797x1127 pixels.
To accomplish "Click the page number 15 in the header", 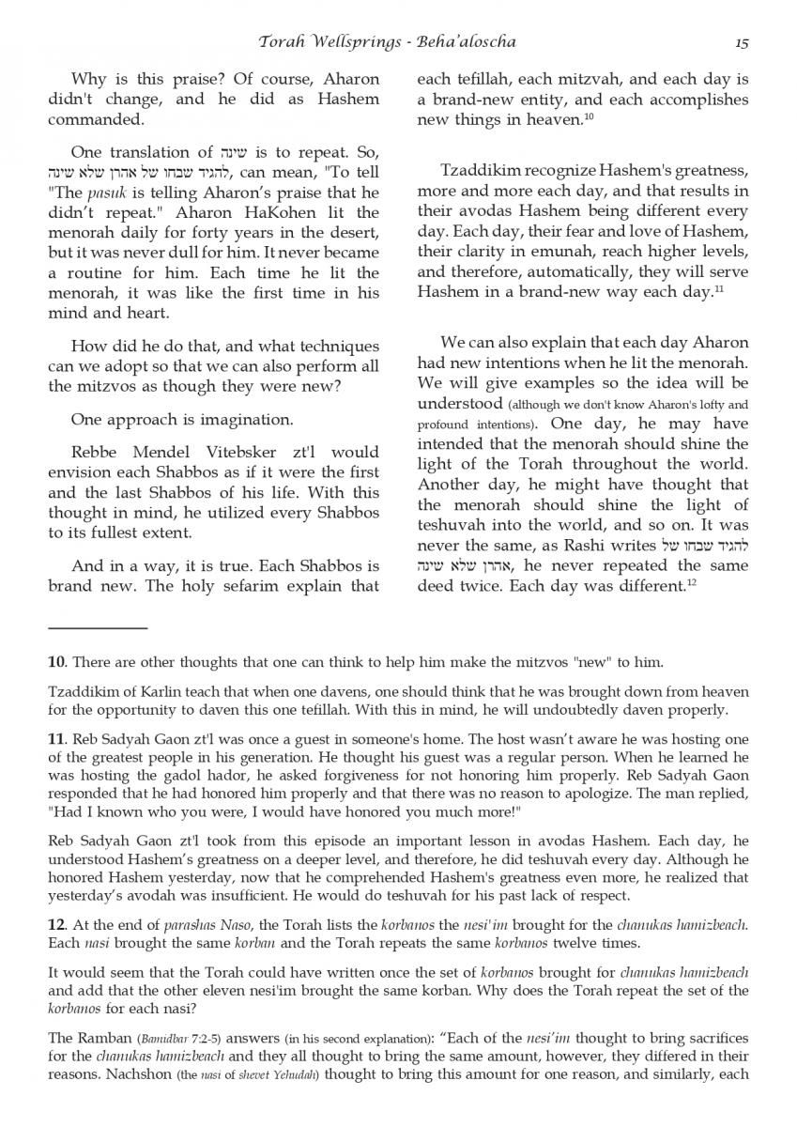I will point(741,42).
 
